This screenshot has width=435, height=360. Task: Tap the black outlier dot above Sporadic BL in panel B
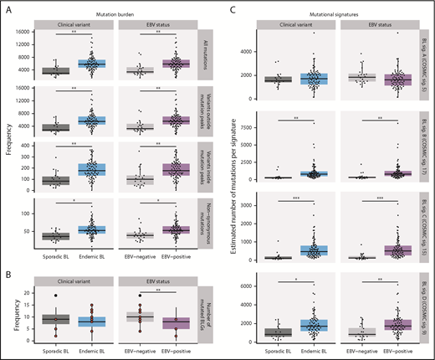[55, 296]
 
